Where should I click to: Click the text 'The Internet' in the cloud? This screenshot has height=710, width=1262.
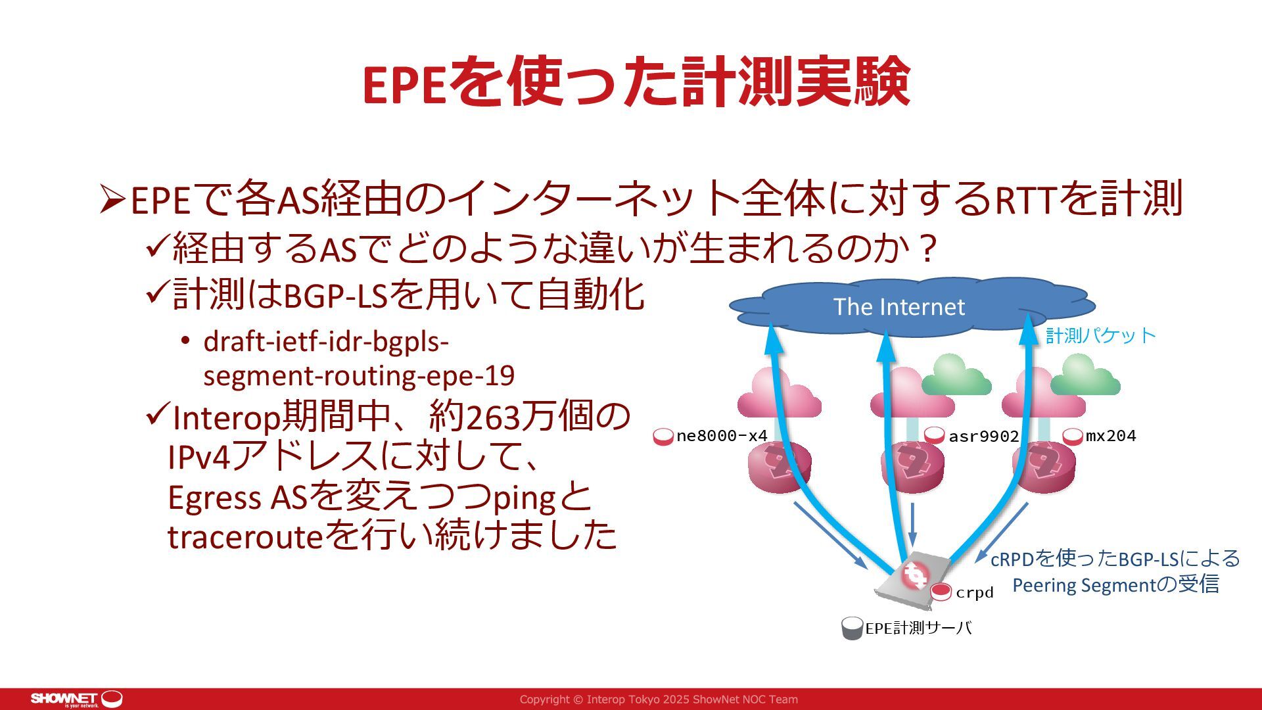pos(899,307)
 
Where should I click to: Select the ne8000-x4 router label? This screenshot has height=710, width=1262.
pos(722,436)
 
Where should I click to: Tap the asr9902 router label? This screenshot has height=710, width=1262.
pos(983,437)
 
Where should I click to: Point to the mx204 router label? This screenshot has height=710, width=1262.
pos(1111,436)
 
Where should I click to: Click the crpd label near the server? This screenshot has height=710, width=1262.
pos(974,593)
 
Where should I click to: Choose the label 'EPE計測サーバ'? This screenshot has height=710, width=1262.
pos(918,628)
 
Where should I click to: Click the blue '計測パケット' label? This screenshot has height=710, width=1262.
pos(1100,336)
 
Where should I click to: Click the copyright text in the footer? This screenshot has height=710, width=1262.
pos(659,699)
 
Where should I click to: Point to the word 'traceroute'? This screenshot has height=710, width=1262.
pos(245,536)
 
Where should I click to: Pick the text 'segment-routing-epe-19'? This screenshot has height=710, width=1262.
pos(359,376)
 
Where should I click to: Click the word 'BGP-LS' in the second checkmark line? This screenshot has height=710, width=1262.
pos(336,296)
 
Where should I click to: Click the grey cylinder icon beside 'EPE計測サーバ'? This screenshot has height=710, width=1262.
pos(852,628)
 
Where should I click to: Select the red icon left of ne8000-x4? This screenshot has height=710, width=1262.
pos(664,437)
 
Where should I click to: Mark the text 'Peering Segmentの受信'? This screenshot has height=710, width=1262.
pos(1115,585)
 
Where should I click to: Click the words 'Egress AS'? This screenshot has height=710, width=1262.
pos(237,498)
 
